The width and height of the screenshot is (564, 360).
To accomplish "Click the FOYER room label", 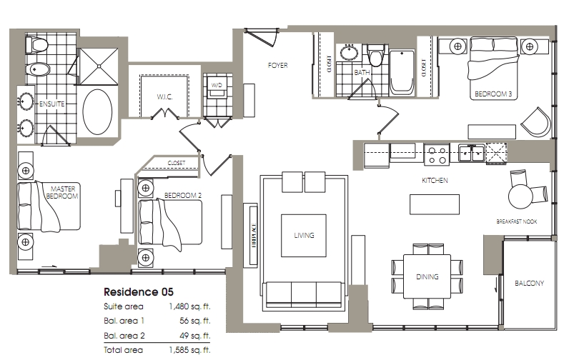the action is (277, 66).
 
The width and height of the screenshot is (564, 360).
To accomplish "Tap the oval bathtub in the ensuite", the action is (97, 111).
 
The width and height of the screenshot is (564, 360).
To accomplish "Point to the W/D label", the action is (217, 85).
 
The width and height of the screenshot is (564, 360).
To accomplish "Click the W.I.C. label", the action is (164, 97).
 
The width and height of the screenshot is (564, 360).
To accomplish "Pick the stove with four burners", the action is (437, 155).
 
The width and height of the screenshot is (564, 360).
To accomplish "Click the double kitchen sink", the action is (471, 154).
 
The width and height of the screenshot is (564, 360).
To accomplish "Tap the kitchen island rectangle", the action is (435, 204).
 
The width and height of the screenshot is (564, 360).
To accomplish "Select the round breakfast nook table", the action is (520, 196).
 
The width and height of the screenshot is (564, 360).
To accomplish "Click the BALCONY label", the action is (529, 283).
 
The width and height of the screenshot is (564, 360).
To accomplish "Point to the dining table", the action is (427, 276).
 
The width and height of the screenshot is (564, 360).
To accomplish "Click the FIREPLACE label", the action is (254, 235).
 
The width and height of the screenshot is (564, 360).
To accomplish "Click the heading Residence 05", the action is (139, 292).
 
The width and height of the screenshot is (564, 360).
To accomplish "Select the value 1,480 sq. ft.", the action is (189, 306).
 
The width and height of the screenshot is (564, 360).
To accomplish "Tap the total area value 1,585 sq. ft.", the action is (189, 350).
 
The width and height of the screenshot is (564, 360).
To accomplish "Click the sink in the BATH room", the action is (348, 52).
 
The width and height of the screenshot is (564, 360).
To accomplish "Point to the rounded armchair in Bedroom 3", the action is (535, 122).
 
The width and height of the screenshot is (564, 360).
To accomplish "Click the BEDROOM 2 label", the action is (183, 196).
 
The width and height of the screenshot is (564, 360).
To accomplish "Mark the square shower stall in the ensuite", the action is (98, 66).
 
